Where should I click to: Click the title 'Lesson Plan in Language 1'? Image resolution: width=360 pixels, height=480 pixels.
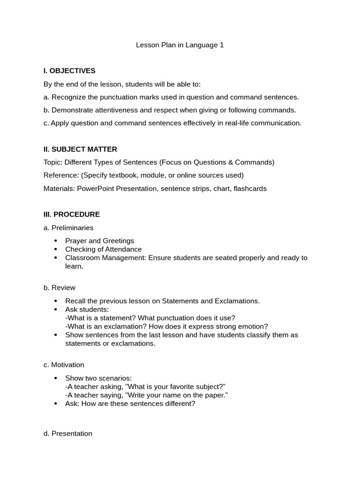point(180,45)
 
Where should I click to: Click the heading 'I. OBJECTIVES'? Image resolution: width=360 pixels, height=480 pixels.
point(69,71)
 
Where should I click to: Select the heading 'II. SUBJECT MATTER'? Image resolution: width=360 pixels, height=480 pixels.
point(80,149)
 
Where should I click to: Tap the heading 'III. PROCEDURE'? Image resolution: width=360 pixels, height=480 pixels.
point(72,214)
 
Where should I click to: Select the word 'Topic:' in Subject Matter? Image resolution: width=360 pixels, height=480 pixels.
point(53,162)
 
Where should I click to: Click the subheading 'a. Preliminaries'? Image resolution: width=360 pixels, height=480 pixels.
point(68,227)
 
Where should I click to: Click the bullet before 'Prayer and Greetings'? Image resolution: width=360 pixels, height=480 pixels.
point(56,241)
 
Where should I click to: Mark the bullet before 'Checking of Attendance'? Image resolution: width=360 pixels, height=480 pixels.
point(56,249)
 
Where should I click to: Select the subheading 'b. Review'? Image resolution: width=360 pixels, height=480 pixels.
point(60,287)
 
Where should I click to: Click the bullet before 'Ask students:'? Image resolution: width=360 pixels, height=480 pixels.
point(56,309)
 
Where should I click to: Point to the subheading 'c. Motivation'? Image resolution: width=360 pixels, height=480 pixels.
point(64,365)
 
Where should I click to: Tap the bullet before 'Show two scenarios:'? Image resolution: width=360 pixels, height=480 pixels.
point(56,378)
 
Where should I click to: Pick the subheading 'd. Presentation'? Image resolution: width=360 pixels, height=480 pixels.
point(68,434)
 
